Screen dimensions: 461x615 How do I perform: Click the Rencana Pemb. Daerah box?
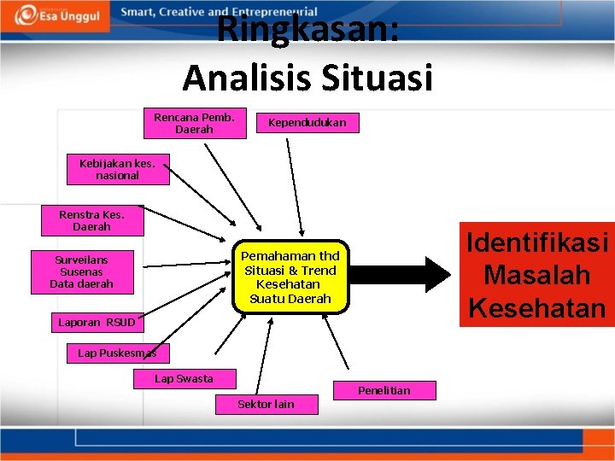click(194, 124)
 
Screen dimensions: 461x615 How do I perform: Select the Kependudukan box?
click(307, 123)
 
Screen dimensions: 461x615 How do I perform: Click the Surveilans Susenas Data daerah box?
click(81, 271)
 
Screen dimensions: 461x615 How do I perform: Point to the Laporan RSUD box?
click(97, 323)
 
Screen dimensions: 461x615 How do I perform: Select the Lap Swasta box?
click(184, 378)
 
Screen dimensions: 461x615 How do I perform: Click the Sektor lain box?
click(266, 404)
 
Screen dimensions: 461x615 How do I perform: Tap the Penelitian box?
click(384, 390)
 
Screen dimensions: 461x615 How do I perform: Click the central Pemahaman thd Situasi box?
click(290, 277)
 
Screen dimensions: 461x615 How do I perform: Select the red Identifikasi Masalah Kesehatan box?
click(536, 275)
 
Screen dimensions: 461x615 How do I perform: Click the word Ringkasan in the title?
click(307, 30)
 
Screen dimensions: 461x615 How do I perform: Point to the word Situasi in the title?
click(378, 78)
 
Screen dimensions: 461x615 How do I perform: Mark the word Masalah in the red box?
click(536, 276)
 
